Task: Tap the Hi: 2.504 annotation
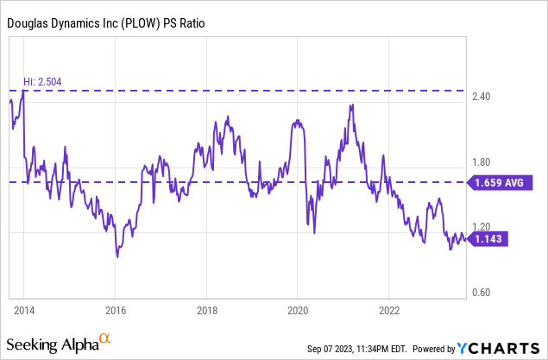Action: [x=42, y=82]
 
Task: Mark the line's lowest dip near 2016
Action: [x=117, y=256]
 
